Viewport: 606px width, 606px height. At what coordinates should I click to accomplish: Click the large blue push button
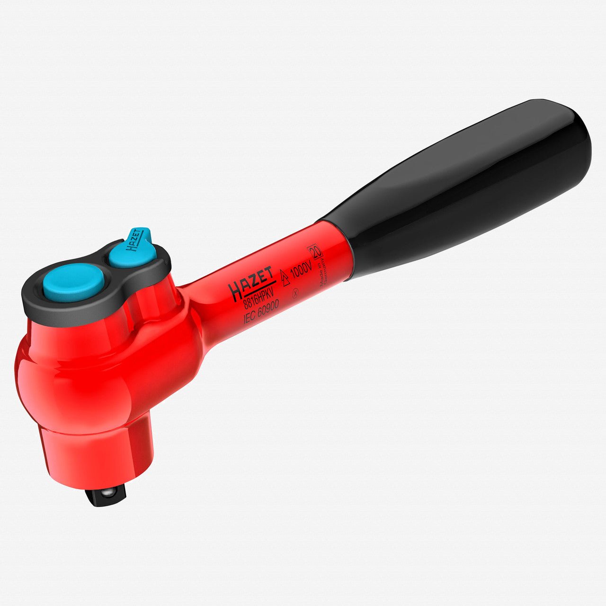(x=73, y=283)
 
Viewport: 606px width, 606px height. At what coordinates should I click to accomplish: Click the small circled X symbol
(x=295, y=293)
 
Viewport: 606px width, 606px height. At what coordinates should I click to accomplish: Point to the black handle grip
(x=454, y=189)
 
